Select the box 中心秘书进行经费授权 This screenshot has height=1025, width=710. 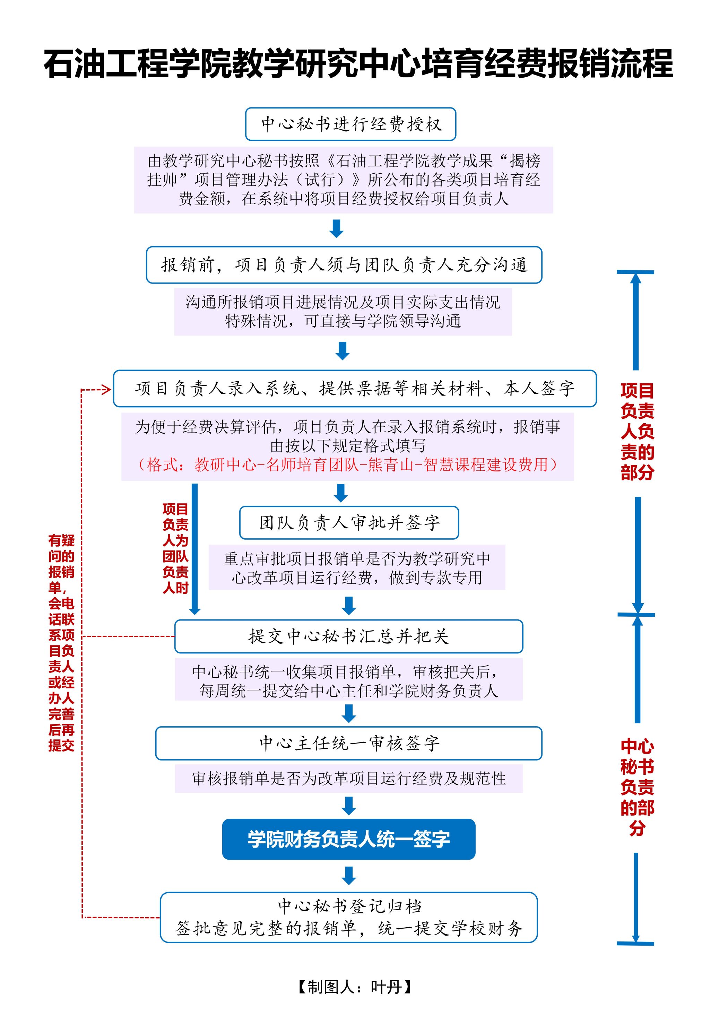(350, 124)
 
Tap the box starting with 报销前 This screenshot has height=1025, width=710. (344, 265)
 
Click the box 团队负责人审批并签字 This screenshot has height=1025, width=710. (349, 522)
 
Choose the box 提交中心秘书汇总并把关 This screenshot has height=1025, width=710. (348, 636)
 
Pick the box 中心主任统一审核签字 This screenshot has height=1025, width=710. (348, 743)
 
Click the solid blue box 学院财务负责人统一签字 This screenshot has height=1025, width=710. (348, 839)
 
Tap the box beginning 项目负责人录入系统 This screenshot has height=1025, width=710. (355, 389)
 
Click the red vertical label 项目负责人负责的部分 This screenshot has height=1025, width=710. (637, 431)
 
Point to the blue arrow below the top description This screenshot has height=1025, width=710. (336, 228)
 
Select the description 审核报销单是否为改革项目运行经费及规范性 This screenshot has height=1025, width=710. (348, 779)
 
